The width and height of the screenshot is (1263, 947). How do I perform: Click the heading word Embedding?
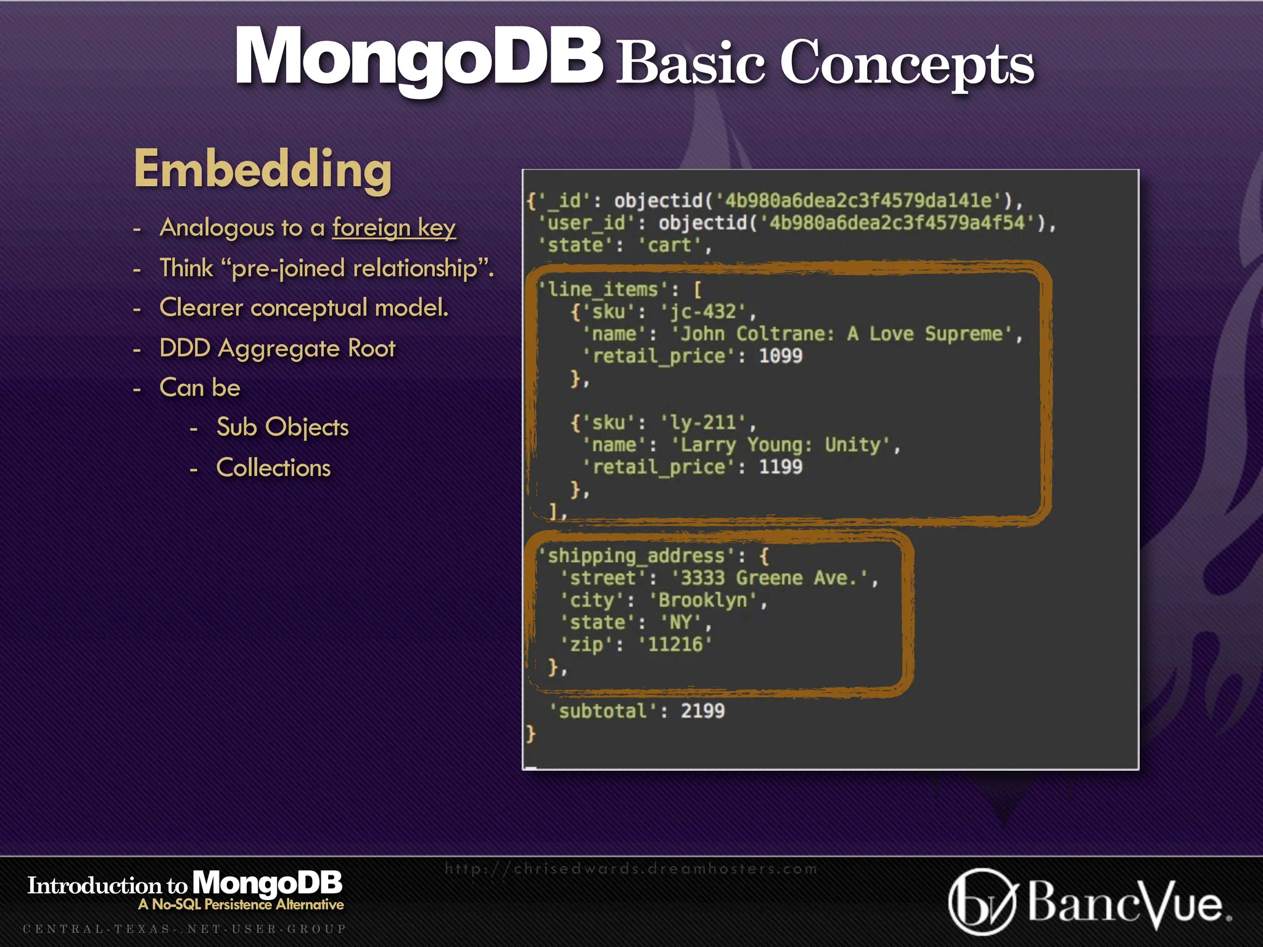263,169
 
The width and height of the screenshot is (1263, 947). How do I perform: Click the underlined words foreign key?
393,228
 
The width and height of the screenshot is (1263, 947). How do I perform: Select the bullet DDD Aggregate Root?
277,348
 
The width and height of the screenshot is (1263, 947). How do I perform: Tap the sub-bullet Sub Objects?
282,427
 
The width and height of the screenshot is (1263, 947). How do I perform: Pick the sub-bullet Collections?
273,468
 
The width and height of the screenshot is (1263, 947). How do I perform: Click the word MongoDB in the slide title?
418,59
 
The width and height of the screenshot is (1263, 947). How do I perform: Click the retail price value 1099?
780,356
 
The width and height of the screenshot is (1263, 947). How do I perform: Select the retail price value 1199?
780,467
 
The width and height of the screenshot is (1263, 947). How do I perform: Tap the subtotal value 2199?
702,711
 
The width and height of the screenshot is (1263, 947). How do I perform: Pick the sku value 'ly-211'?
707,422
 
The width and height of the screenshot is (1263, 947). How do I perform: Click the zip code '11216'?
675,644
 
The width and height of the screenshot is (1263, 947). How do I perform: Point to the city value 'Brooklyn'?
702,600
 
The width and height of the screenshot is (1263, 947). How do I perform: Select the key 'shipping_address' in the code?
636,555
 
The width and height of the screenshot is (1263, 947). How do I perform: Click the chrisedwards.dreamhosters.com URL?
631,869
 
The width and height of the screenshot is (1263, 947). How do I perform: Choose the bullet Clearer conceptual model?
303,308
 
